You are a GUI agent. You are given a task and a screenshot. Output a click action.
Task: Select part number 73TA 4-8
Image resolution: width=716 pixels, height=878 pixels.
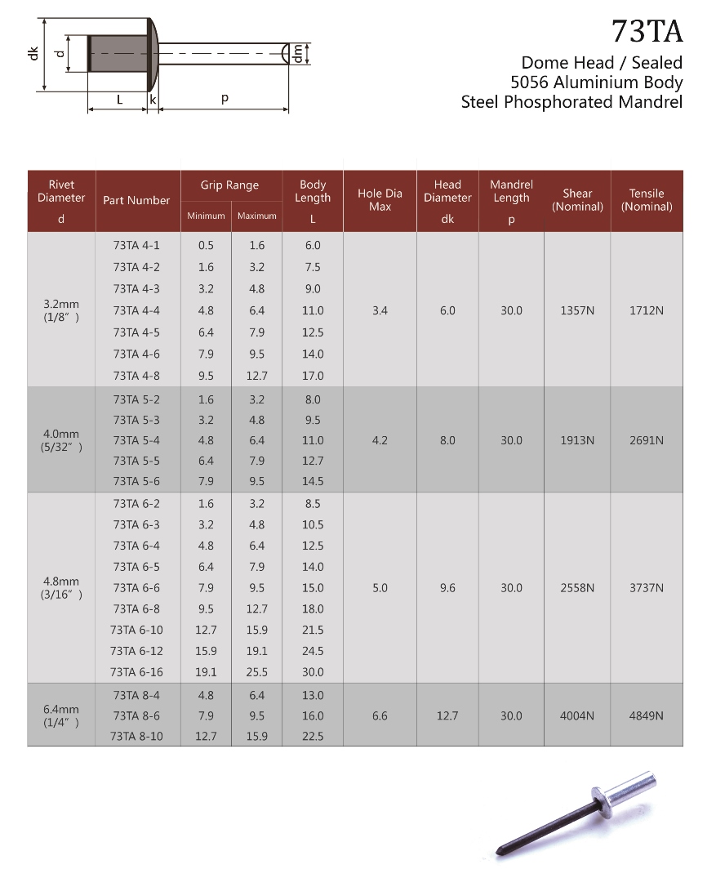click(x=136, y=376)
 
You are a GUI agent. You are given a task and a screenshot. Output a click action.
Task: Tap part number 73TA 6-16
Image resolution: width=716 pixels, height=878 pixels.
click(x=136, y=672)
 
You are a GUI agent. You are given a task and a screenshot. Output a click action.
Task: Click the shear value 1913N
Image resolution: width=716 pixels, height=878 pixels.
click(x=576, y=440)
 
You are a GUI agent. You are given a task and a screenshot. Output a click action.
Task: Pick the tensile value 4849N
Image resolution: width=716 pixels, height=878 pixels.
click(x=646, y=715)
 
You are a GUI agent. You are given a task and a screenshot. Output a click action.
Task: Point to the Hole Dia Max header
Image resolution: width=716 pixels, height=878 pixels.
click(x=380, y=200)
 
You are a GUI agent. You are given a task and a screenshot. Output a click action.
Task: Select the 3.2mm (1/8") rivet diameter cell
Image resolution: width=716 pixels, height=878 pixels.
click(x=61, y=310)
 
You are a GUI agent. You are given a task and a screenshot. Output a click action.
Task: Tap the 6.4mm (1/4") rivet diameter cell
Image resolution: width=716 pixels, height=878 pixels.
click(x=61, y=715)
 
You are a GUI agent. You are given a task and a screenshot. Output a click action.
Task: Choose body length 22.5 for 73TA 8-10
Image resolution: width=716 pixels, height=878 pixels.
click(x=313, y=736)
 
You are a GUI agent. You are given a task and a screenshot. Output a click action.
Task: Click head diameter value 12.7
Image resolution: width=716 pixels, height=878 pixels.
click(x=447, y=715)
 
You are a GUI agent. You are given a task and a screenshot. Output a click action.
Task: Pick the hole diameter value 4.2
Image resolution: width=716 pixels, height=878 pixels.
click(x=380, y=440)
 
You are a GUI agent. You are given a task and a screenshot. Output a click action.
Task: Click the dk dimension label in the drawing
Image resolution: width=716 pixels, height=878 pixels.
click(x=33, y=54)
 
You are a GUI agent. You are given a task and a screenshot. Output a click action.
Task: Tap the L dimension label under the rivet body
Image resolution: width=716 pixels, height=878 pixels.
click(x=119, y=100)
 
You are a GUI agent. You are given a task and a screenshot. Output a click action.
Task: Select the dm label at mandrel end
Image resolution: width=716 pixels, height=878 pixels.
click(x=299, y=53)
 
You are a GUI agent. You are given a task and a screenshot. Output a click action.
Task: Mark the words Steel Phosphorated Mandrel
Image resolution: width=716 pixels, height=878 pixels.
click(x=571, y=102)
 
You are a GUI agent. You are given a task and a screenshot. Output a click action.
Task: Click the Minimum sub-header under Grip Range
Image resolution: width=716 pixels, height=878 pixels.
click(x=206, y=216)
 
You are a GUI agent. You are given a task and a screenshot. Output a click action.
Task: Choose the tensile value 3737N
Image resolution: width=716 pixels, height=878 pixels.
click(x=646, y=588)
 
